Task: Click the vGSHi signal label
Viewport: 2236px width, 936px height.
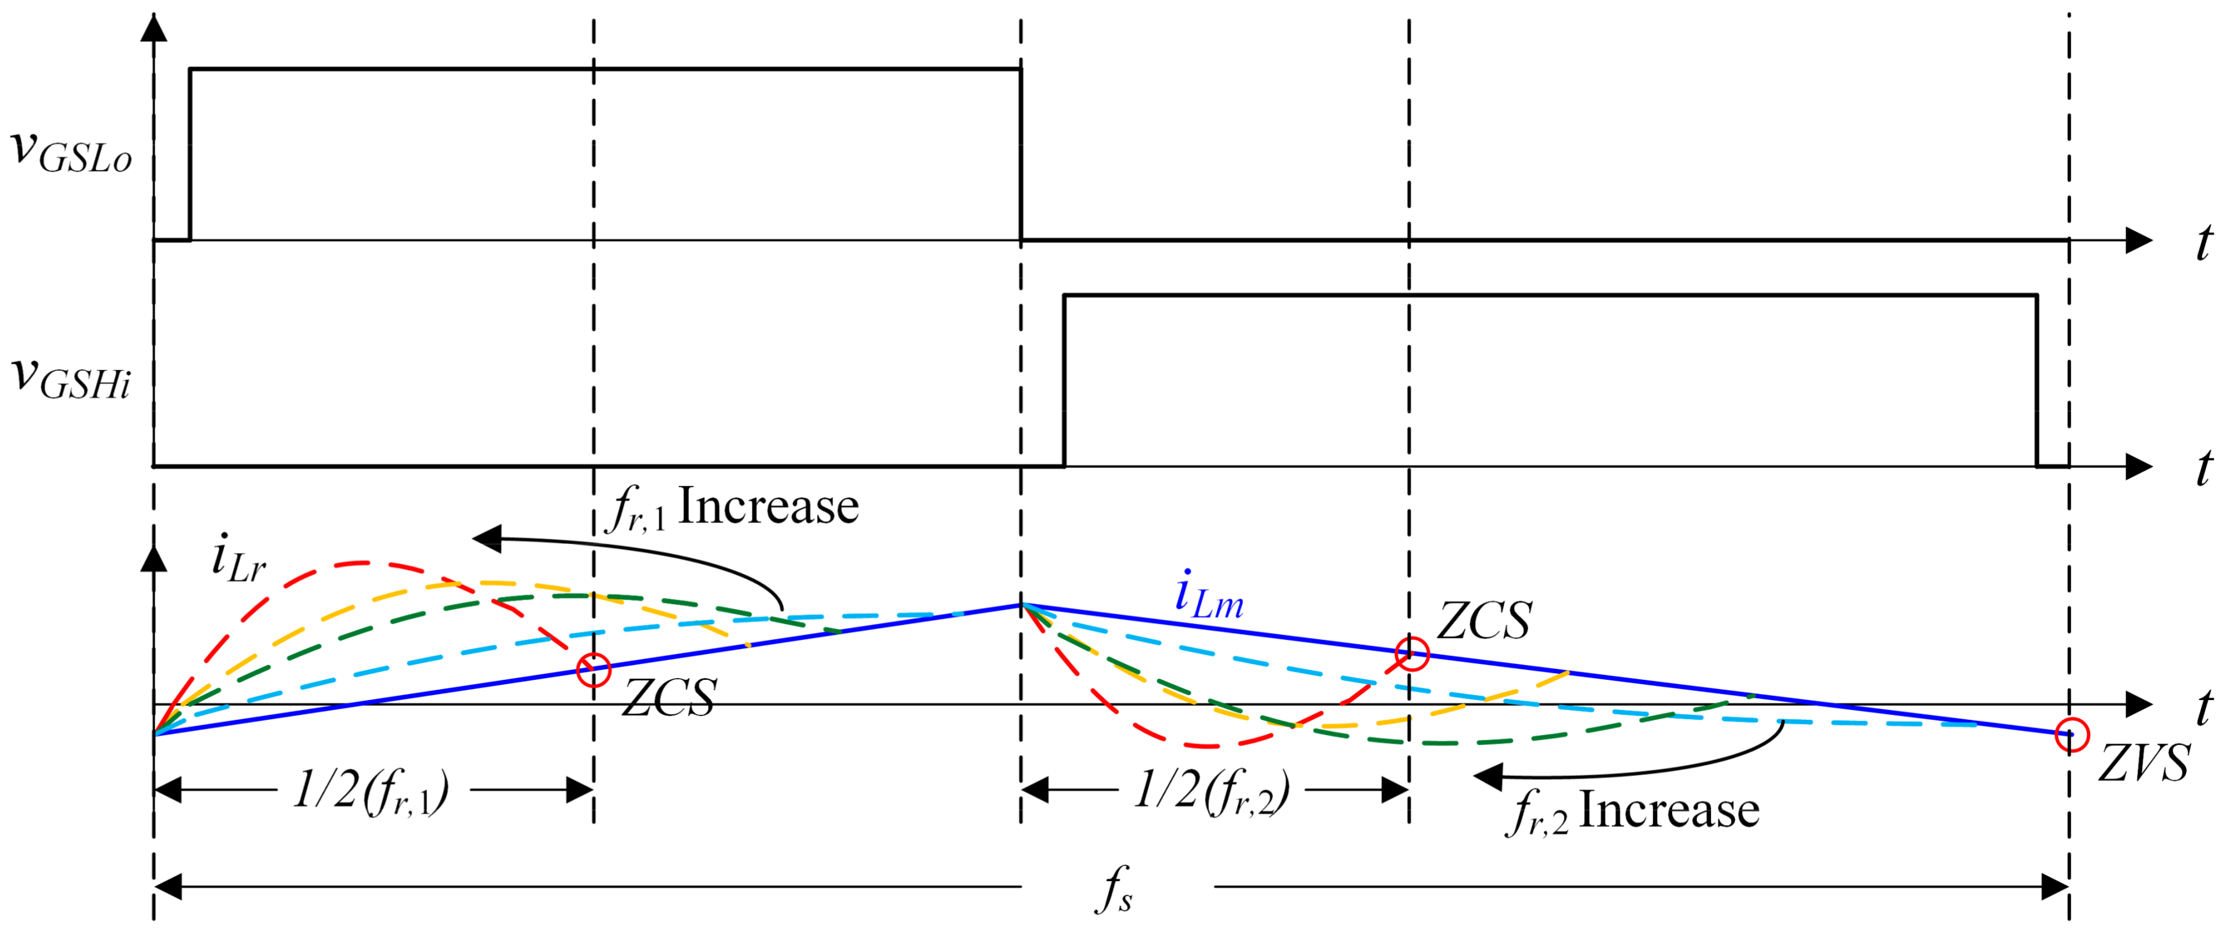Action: (x=71, y=380)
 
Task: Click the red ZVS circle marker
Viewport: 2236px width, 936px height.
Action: (x=2071, y=735)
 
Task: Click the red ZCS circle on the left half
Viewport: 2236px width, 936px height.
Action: (x=594, y=670)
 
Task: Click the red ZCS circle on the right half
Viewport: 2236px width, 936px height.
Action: (x=1411, y=653)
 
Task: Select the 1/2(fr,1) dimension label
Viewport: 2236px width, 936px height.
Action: (x=372, y=792)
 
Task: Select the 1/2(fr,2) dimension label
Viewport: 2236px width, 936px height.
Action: (x=1212, y=792)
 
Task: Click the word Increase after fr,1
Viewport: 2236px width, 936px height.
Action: (x=767, y=507)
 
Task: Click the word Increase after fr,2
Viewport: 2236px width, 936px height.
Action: (x=1668, y=810)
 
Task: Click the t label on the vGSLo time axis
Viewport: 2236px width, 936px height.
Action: (x=2203, y=242)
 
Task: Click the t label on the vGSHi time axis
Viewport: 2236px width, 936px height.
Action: (x=2203, y=469)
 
